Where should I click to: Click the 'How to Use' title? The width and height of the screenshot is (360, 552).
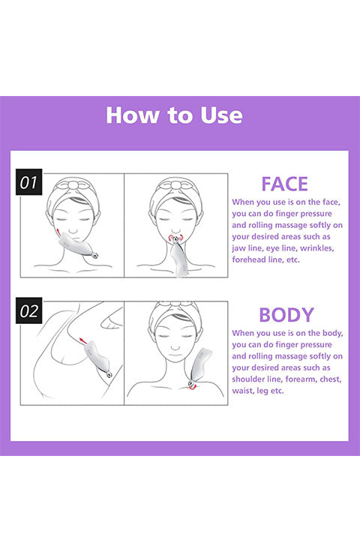coord(174,115)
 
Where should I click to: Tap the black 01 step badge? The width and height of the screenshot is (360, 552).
coord(28,182)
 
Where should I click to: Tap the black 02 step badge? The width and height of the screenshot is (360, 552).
coord(28,310)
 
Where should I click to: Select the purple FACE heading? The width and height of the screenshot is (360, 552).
coord(284,184)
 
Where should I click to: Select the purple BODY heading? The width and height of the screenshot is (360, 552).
coord(286,315)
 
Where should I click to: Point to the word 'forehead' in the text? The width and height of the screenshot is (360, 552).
coord(247,259)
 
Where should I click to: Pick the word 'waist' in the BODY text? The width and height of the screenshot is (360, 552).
coord(242,391)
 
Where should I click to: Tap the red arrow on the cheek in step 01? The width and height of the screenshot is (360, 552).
coord(58,232)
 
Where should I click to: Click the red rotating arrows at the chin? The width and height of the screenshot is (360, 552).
coord(175,238)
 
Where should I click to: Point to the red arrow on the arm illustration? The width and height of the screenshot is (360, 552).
coord(82,340)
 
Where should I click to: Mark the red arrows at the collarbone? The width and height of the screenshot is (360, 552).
coord(192,386)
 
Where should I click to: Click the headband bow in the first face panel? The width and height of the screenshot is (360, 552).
coord(73,184)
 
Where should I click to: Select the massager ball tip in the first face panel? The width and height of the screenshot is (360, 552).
coord(94,256)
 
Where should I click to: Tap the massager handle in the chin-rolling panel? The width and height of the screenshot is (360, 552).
coord(178,260)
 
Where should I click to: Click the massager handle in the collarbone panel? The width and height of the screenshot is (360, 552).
coord(201,362)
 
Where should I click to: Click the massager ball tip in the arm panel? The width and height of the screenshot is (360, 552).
coord(109,375)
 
